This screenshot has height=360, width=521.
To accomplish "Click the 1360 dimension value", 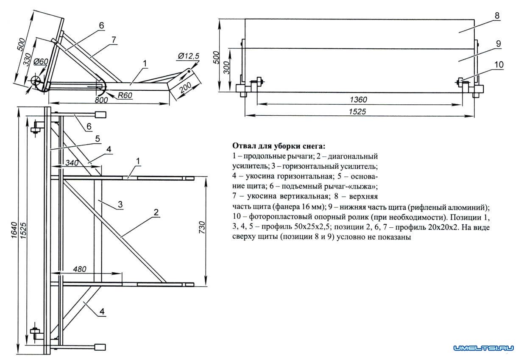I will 359,100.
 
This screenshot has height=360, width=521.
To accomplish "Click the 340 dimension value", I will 71,163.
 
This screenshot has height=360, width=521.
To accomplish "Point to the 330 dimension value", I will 28,61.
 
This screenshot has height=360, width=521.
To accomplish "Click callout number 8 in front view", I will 496,15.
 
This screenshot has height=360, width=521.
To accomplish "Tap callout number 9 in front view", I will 499,44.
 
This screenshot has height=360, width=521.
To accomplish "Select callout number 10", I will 499,64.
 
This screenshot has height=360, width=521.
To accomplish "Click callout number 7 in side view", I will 114,39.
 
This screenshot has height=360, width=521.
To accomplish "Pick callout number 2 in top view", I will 156,212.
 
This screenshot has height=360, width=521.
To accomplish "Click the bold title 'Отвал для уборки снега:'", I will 279,146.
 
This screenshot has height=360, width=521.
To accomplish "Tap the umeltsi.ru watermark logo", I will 484,349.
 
